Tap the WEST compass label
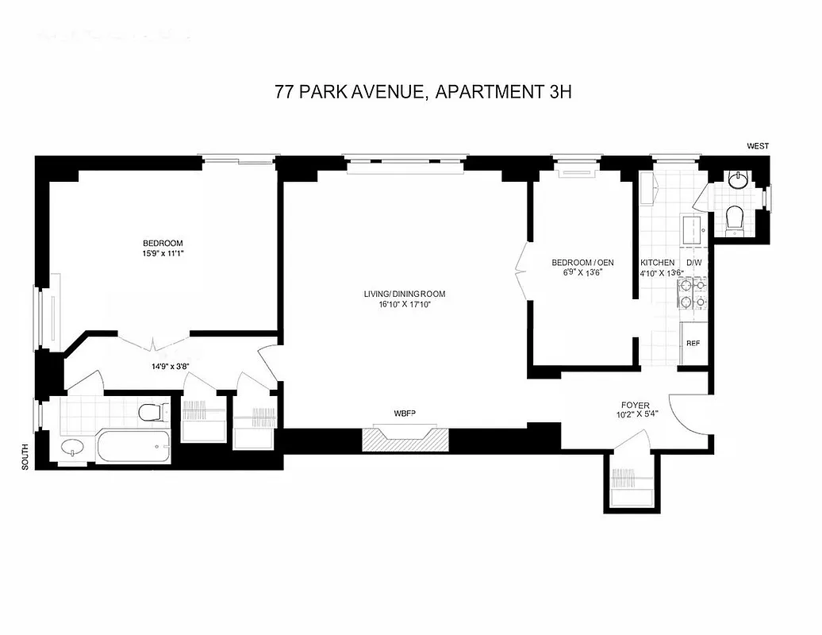(757, 146)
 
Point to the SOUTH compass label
(25, 456)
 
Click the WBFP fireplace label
(405, 414)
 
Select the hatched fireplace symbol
(405, 439)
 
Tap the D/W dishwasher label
(693, 263)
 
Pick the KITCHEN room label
(658, 263)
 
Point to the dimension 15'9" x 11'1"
(163, 254)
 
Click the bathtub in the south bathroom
(133, 446)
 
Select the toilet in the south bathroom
(151, 412)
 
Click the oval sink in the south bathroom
(73, 448)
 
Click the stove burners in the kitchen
(693, 294)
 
